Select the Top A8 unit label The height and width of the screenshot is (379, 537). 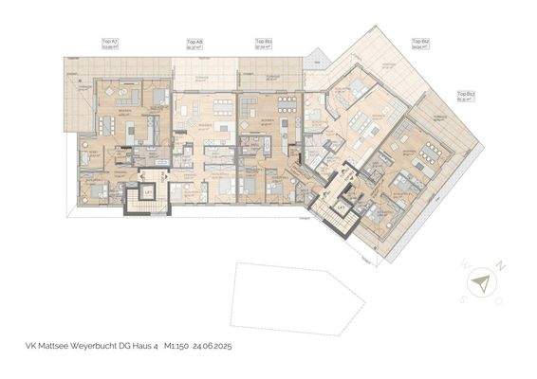pos(194,44)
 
